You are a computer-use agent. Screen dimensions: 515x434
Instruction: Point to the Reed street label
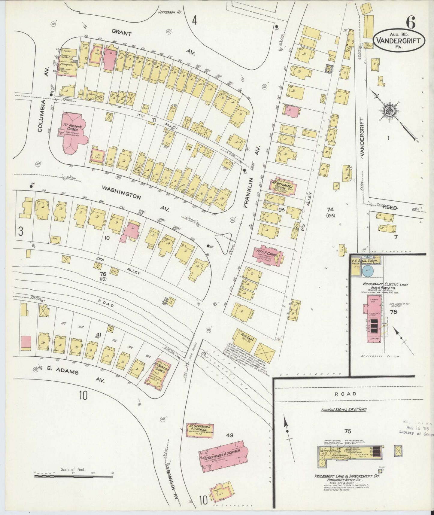pos(390,208)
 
